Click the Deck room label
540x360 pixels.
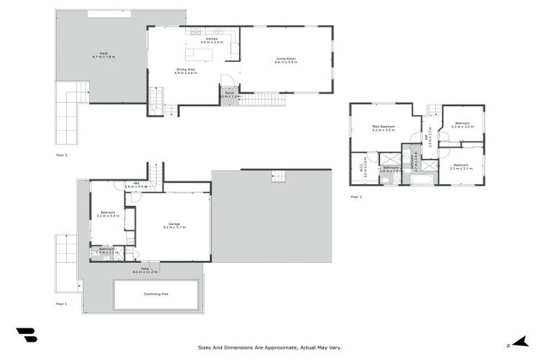point(103,55)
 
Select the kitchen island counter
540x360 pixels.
point(198,53)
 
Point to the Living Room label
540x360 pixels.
point(285,60)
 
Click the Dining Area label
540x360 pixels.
point(186,70)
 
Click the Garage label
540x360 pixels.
point(174,225)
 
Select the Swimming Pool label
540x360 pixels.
point(155,295)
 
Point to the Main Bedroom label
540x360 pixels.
point(384,128)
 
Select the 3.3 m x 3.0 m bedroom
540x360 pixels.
point(462,125)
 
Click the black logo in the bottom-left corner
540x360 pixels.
point(26,335)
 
